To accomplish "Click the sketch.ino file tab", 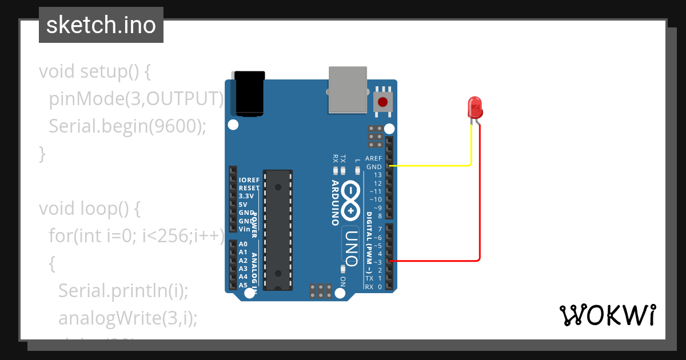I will (x=101, y=25).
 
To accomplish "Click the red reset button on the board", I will (x=383, y=103).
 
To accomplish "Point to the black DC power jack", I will (x=250, y=94).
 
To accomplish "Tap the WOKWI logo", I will (x=607, y=315).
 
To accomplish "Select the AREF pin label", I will (x=373, y=158).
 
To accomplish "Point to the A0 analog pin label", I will (x=243, y=244).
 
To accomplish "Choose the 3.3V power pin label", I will (x=246, y=196).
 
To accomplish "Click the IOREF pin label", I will (x=249, y=180).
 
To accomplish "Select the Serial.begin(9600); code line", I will (x=127, y=126).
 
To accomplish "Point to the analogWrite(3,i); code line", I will (x=128, y=318).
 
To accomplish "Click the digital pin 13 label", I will (x=378, y=175).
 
